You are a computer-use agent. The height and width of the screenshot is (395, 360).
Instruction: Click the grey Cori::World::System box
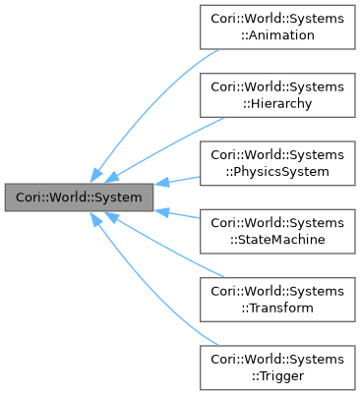tap(79, 197)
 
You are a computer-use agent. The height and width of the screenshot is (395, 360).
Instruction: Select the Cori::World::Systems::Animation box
tap(276, 28)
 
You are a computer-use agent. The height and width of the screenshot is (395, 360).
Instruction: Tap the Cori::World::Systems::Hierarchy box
tap(276, 95)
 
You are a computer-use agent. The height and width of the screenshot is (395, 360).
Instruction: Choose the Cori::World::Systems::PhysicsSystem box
tap(276, 163)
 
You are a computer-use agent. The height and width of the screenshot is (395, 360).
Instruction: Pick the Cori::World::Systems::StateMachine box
tap(276, 231)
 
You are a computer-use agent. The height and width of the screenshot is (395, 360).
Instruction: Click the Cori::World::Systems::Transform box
tap(276, 299)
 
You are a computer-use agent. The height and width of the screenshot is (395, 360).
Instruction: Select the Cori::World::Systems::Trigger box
tap(276, 367)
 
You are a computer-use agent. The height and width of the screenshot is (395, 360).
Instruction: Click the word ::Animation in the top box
tap(276, 35)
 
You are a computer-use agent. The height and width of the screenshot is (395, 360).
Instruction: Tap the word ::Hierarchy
tap(276, 103)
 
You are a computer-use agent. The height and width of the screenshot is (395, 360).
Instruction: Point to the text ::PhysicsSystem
tap(276, 171)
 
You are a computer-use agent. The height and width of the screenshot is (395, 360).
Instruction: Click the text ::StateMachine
tap(276, 239)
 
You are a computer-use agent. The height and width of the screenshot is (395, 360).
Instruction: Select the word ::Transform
tap(276, 307)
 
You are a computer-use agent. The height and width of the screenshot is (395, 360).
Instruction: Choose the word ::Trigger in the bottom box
tap(276, 374)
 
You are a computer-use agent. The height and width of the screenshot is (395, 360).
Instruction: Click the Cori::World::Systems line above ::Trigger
tap(276, 359)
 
